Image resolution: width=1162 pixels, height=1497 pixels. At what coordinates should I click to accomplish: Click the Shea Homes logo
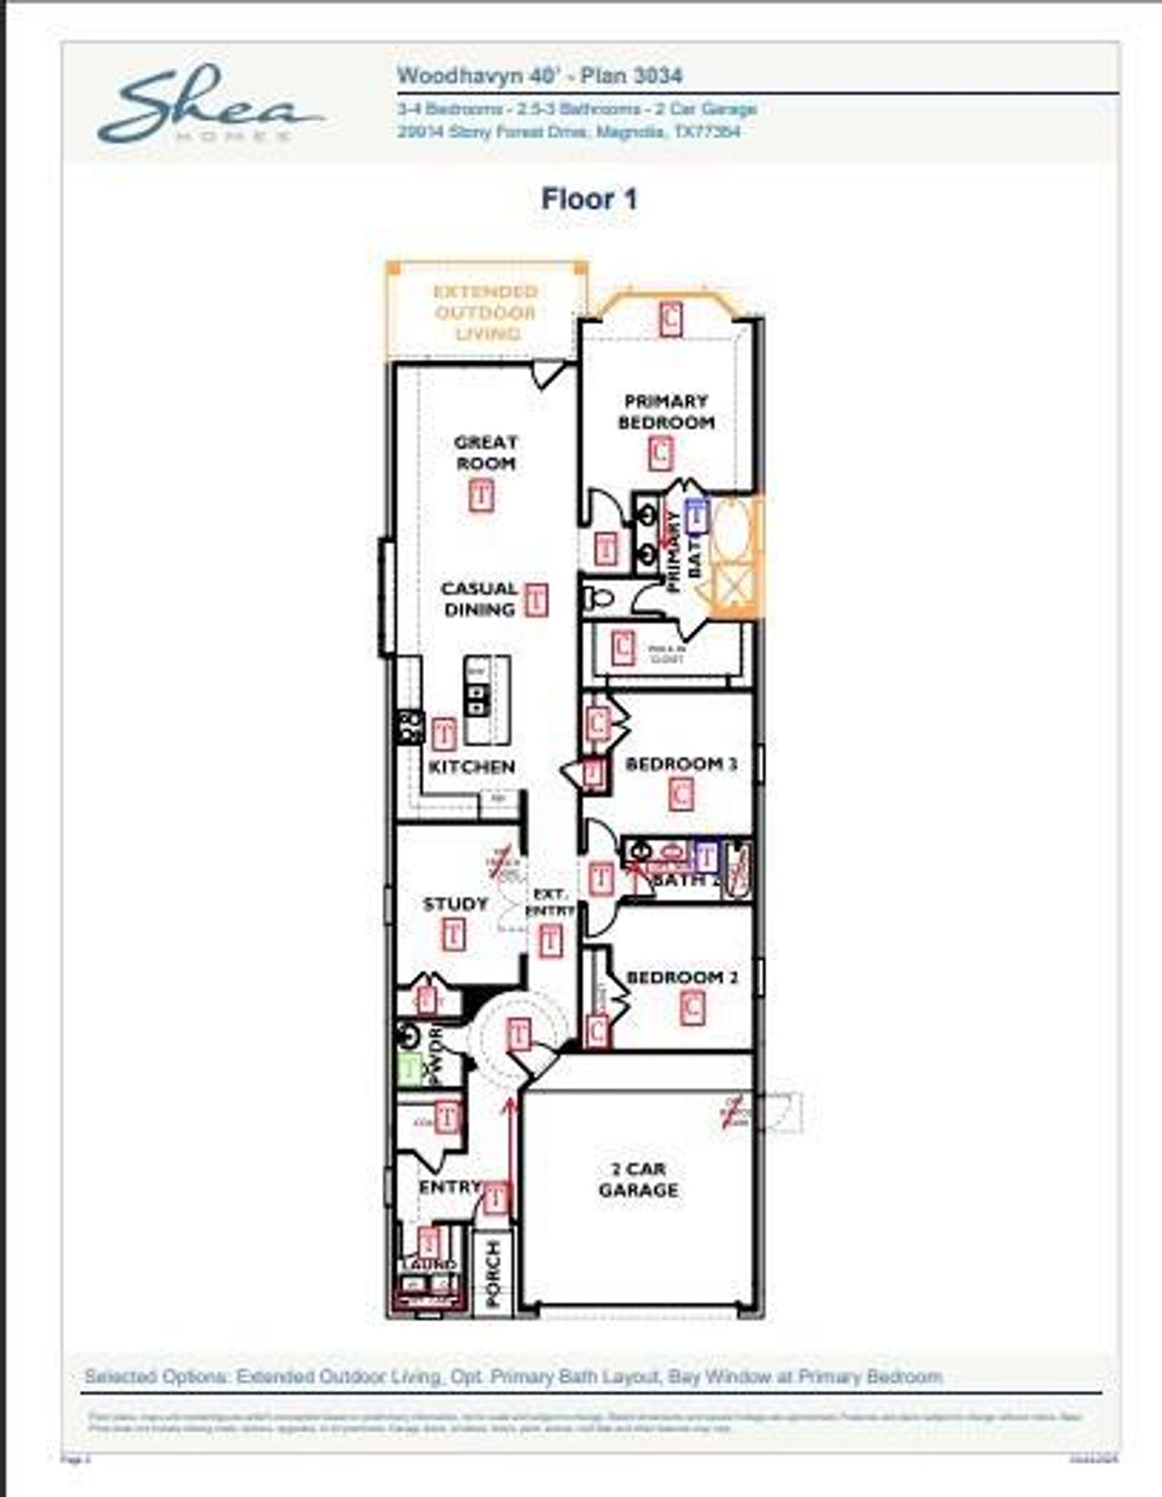tap(210, 104)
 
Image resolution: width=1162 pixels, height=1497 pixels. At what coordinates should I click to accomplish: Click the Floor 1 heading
tap(589, 199)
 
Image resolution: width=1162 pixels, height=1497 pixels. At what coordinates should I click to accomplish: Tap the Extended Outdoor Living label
tap(486, 312)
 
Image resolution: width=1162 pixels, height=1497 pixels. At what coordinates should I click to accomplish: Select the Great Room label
tap(486, 452)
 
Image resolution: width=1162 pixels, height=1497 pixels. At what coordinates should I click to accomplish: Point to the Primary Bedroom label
tap(666, 411)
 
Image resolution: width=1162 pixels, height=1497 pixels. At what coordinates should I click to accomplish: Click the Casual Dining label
tap(479, 599)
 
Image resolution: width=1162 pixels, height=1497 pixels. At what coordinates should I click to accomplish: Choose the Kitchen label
tap(471, 767)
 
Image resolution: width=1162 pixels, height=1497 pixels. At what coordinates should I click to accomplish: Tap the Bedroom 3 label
tap(681, 764)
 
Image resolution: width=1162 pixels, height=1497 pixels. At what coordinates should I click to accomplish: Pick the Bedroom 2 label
tap(682, 977)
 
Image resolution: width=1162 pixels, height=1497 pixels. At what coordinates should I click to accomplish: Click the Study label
tap(456, 904)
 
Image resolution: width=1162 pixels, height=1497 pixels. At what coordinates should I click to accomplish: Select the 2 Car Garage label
tap(638, 1179)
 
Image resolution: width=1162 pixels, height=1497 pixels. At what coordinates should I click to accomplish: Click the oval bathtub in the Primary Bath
tap(731, 527)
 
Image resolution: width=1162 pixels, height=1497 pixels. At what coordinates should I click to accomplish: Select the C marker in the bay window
tap(670, 318)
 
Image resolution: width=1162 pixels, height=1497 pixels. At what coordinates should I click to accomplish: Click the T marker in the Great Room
tap(482, 496)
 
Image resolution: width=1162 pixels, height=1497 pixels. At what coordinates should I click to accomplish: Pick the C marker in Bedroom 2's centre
tap(692, 1007)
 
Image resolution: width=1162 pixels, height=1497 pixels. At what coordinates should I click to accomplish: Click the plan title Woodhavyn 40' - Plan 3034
tap(539, 76)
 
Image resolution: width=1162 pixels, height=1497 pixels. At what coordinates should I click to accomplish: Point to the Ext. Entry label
tap(550, 902)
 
